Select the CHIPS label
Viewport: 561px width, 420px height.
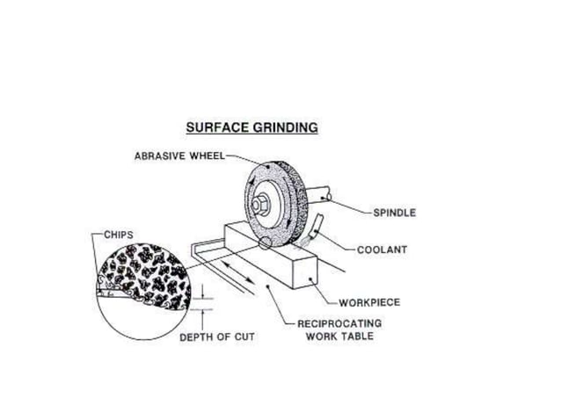coord(119,235)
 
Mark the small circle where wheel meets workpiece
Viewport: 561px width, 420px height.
coord(265,249)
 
